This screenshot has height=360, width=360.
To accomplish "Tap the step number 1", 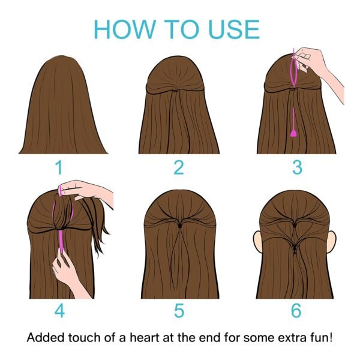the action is (x=59, y=167).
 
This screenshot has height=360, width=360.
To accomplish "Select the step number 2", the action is (x=179, y=167).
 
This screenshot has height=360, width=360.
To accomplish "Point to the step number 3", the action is (x=298, y=167).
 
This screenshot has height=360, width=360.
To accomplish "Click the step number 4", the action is (x=59, y=310).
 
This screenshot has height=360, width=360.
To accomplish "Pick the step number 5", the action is (x=179, y=310).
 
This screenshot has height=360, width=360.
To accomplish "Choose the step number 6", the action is (x=296, y=310).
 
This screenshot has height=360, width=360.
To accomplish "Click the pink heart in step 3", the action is (x=293, y=133).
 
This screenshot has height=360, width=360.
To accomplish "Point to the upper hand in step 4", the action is (x=86, y=191).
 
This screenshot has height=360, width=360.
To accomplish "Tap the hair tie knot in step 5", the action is (x=180, y=226).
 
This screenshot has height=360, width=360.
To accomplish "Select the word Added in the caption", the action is (x=45, y=338).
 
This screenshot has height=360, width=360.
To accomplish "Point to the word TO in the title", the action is (x=182, y=29).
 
